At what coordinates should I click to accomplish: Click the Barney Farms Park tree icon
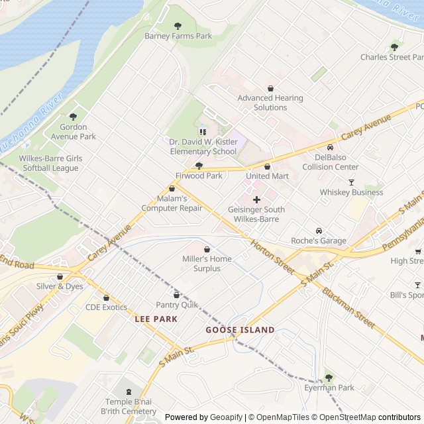pos(178,26)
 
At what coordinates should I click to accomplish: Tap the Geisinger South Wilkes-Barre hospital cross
pos(257,199)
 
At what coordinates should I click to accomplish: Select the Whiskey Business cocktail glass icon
pos(351,182)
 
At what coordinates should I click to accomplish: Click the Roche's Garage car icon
pos(319,231)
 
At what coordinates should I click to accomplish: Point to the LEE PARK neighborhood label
pos(156,319)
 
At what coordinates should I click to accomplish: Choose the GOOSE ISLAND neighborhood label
pos(240,329)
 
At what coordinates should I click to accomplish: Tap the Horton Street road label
pos(272,257)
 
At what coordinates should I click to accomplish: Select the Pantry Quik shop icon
pos(176,294)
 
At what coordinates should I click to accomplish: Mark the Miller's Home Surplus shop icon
pos(207,248)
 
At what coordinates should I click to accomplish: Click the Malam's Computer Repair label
pos(172,203)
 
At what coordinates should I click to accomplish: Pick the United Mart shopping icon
pos(268,166)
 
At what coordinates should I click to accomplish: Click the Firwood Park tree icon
pos(199,166)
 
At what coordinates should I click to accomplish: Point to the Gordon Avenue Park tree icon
pos(73,117)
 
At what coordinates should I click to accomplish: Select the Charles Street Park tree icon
pos(395,47)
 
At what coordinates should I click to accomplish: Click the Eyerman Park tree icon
pos(329,378)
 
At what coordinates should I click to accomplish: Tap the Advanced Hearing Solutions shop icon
pos(270,88)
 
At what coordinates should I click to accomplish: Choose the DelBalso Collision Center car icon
pos(331,147)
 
